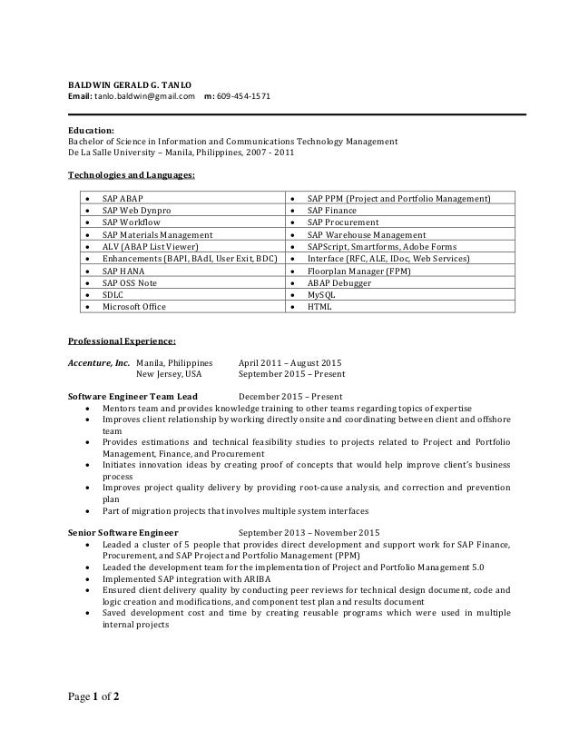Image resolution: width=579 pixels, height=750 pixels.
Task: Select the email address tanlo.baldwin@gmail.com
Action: click(145, 96)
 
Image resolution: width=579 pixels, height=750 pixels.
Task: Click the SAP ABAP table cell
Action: click(123, 198)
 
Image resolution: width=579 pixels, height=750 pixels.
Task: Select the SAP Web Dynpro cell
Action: click(136, 210)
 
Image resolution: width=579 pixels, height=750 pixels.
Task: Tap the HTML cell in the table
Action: click(319, 307)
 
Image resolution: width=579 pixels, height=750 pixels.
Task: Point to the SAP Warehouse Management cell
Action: click(366, 234)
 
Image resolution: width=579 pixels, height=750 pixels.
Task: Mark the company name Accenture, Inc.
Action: click(100, 361)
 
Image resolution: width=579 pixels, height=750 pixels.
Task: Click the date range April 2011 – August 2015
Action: click(289, 361)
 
